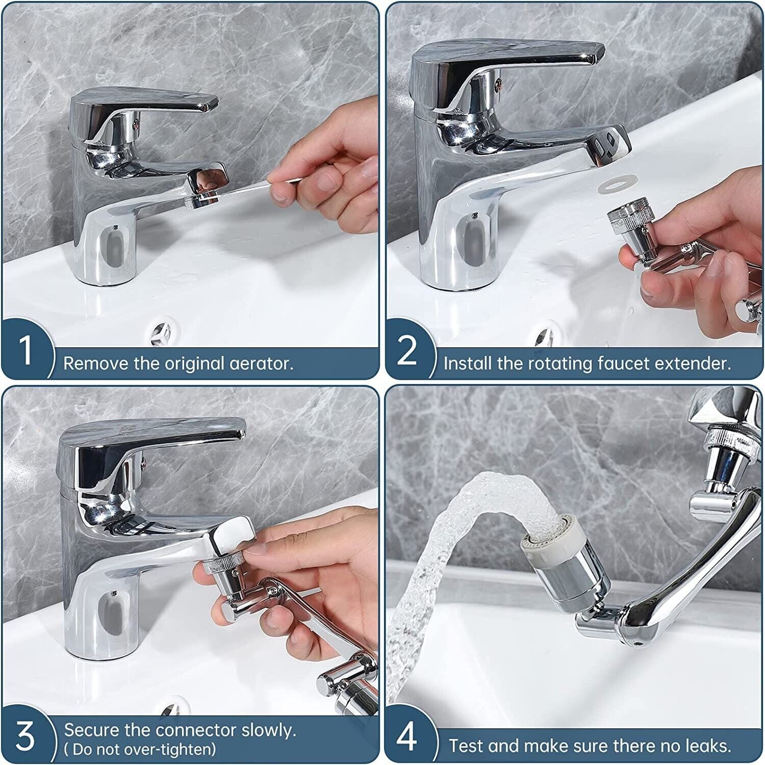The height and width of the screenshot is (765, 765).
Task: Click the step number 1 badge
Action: click(26, 350)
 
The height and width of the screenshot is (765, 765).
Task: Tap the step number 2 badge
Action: click(406, 350)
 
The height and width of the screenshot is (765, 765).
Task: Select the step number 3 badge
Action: click(25, 735)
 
